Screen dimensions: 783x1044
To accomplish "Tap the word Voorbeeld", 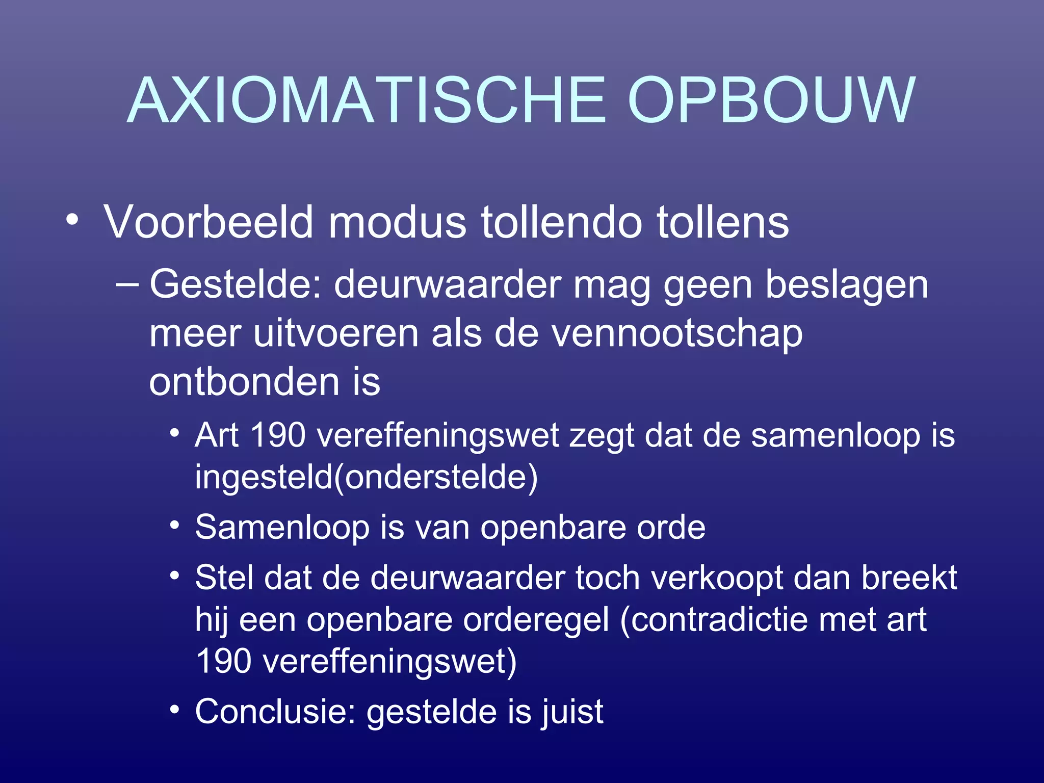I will [208, 222].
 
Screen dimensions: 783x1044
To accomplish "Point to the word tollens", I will [722, 222].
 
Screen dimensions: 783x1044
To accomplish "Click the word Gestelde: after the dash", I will [236, 285].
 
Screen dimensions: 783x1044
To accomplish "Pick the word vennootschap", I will [677, 334].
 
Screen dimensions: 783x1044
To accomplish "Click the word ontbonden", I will [244, 382].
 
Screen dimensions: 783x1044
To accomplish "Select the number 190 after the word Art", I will [278, 436].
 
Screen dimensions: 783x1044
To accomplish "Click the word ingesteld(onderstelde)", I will [366, 477].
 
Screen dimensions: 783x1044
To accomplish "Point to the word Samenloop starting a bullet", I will [282, 528].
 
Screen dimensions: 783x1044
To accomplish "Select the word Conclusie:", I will [275, 712].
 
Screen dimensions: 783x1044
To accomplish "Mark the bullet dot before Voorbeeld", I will [72, 220].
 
